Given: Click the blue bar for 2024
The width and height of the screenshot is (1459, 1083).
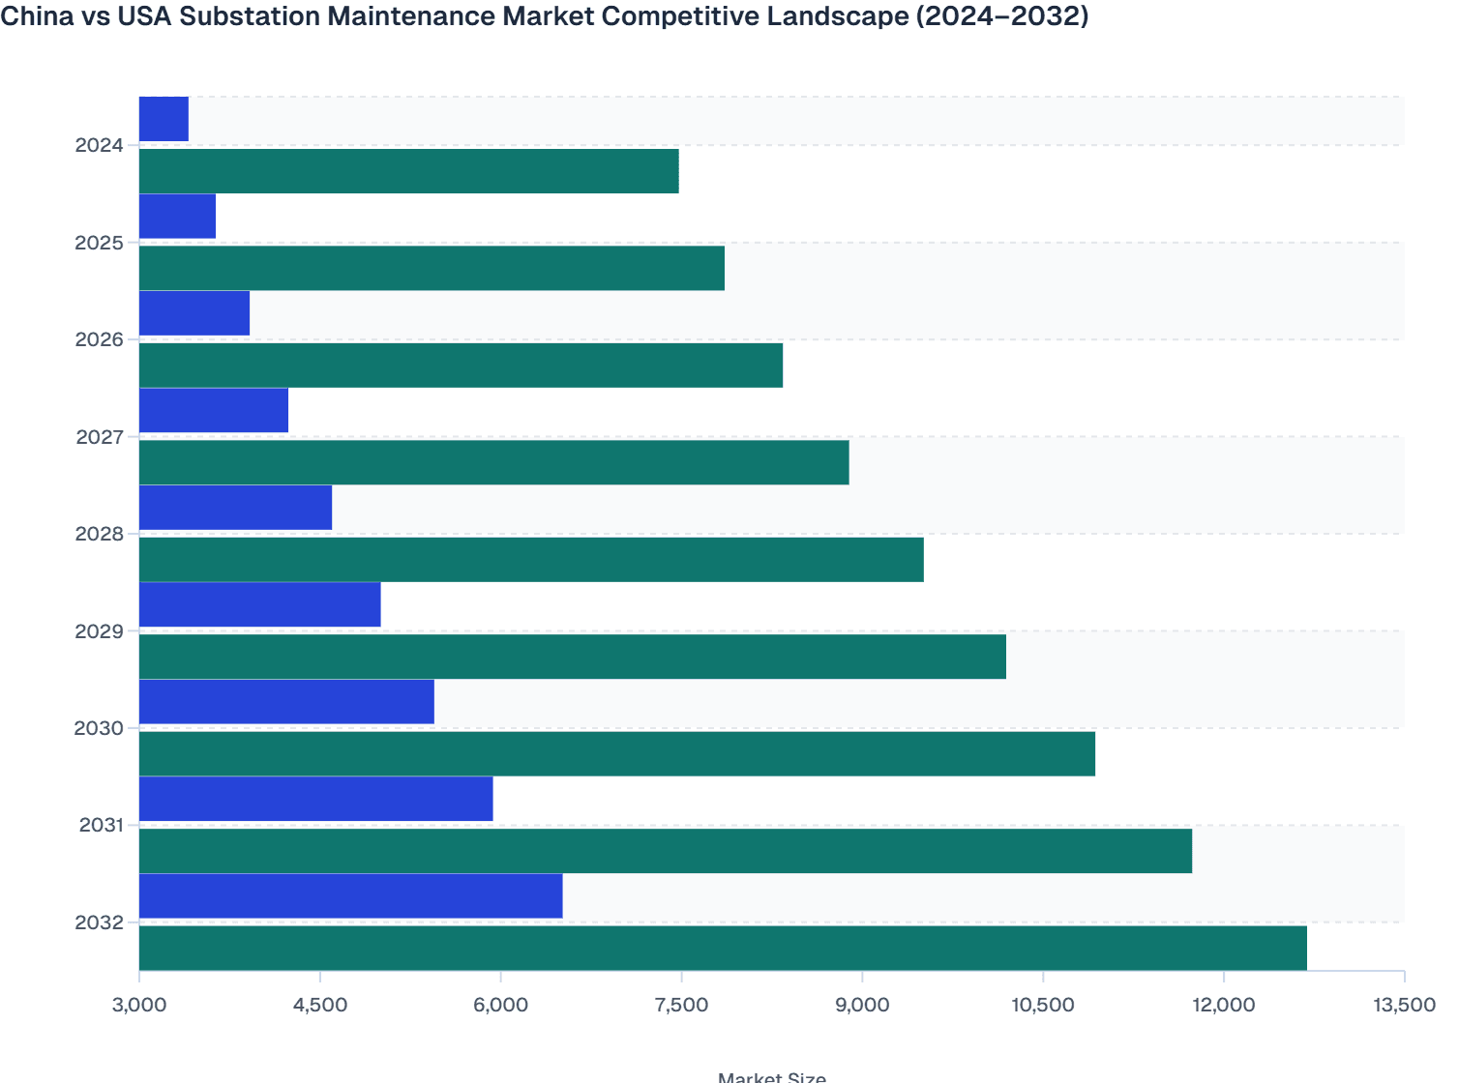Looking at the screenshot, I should pos(164,119).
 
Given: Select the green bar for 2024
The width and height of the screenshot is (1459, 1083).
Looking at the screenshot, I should pos(408,171).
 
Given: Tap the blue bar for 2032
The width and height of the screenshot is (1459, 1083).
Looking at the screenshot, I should pos(350,895).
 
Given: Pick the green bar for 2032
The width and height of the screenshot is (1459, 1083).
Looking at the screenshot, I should pos(723,948).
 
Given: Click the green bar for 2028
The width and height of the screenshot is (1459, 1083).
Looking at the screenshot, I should pos(531,559).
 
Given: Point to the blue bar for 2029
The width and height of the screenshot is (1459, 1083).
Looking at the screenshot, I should pos(259,604).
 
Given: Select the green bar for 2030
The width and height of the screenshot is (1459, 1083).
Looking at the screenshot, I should pos(617,753).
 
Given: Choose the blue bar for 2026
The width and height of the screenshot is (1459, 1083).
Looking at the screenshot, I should pos(194,313).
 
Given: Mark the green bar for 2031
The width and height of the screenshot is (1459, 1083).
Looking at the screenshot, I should pos(666,851).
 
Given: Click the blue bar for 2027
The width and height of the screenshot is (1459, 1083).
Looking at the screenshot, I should pos(214,410).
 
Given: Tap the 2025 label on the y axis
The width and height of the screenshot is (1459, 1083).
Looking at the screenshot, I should pos(100,243).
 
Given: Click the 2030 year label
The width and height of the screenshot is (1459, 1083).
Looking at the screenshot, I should pos(100,728).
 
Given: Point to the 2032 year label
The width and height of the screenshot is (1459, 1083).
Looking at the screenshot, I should pos(100,922).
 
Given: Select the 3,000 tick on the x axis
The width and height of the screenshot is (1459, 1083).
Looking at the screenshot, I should pos(139,1005).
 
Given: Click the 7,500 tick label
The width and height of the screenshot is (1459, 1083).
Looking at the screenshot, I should pos(681,1005).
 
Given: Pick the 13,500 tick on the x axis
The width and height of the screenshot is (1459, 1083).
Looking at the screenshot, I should pos(1404,1005).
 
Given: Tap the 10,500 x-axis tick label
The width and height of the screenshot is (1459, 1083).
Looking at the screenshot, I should pos(1042,1005).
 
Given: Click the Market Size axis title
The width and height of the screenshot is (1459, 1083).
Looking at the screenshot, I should pos(771,1077).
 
